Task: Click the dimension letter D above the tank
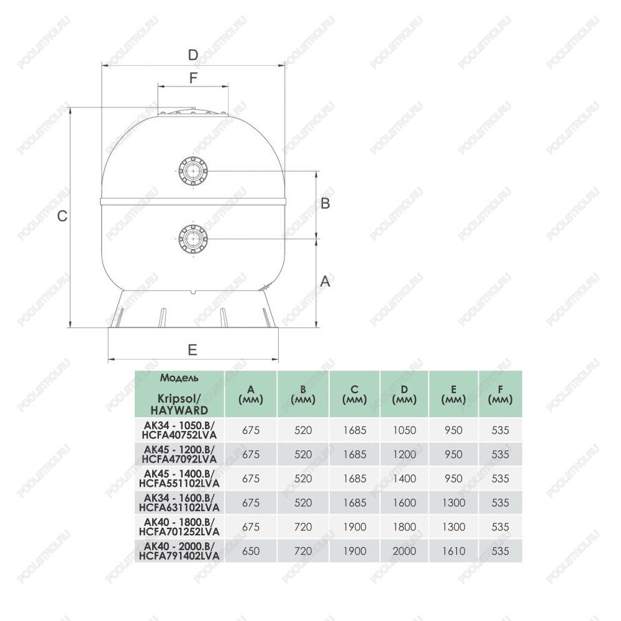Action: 193,55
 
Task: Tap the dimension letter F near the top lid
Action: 193,78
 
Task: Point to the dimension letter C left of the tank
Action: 62,216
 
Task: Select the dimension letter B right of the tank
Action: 325,203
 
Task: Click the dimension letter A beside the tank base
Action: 325,281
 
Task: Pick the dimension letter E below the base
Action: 192,350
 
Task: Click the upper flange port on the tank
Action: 193,171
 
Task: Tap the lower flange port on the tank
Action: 193,238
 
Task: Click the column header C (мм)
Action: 355,394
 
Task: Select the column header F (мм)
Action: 500,394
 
